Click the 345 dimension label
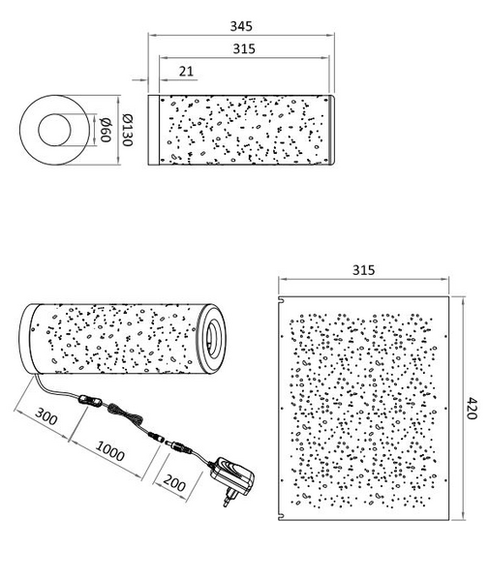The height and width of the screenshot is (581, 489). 241,26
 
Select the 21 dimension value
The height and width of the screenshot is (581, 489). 186,71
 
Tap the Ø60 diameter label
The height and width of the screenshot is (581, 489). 106,130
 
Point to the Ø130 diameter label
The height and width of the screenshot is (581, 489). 128,130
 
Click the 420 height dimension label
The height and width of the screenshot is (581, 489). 471,408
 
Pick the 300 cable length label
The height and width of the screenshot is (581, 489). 46,416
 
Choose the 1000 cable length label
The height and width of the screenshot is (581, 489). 110,450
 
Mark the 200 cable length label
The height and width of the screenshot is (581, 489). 174,482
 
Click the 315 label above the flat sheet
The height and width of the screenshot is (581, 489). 363,270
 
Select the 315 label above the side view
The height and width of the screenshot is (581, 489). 244,48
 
